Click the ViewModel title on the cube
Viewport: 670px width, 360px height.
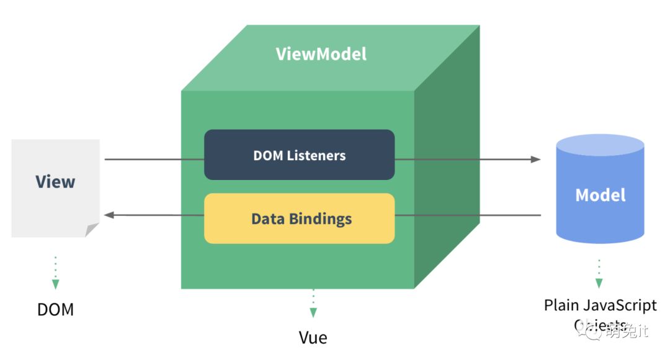[321, 54]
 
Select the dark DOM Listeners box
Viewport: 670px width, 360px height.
[299, 155]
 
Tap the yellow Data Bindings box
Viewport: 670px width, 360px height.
[299, 218]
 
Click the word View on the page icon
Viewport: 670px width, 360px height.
[55, 182]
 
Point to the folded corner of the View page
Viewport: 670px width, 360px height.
[92, 230]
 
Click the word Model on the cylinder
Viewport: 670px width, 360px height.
[601, 195]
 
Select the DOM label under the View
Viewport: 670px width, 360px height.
[55, 309]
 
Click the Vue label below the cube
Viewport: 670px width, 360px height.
[313, 338]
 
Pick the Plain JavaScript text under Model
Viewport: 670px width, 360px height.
[600, 305]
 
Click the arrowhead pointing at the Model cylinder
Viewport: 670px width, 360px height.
[535, 160]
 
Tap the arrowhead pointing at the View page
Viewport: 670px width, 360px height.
[109, 215]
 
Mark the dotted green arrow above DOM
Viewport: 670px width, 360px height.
[55, 273]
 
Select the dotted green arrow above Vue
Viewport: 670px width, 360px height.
[313, 304]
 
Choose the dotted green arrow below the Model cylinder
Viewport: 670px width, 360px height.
[599, 274]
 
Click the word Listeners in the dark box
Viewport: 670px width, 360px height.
[316, 155]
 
